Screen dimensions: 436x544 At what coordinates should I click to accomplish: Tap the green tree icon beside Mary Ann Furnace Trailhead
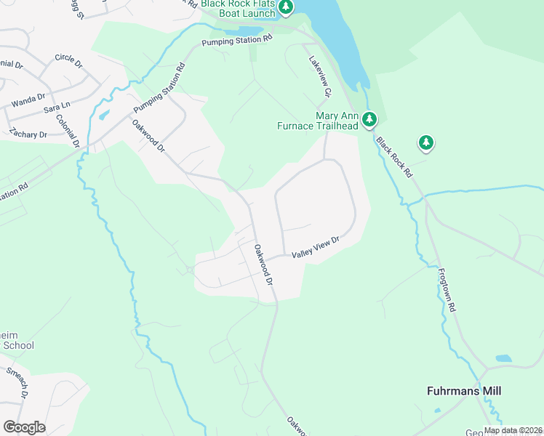coord(369,118)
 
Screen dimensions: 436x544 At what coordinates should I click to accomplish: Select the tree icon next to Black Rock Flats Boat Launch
coord(287,8)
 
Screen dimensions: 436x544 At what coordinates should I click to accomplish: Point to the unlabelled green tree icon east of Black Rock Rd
coord(425,142)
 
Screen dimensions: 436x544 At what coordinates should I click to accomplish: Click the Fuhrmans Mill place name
coord(463,391)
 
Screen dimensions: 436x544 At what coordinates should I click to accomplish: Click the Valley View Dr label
coord(316,248)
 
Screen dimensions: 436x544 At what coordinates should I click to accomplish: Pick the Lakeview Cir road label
coord(319,77)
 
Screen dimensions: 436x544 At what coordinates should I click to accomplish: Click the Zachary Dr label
coord(28,134)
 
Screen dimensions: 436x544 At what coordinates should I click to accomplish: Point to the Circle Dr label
coord(68,57)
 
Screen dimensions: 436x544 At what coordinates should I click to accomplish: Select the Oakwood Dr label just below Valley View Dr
coord(263,264)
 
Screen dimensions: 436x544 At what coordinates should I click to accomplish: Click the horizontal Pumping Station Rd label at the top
coord(236,41)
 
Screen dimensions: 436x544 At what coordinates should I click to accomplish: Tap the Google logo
coord(24,427)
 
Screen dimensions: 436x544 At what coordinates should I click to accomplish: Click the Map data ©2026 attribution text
coord(512,430)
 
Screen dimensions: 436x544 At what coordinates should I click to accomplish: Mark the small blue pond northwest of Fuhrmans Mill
coord(503,358)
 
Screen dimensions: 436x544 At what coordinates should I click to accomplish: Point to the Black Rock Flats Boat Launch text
coord(239,8)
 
